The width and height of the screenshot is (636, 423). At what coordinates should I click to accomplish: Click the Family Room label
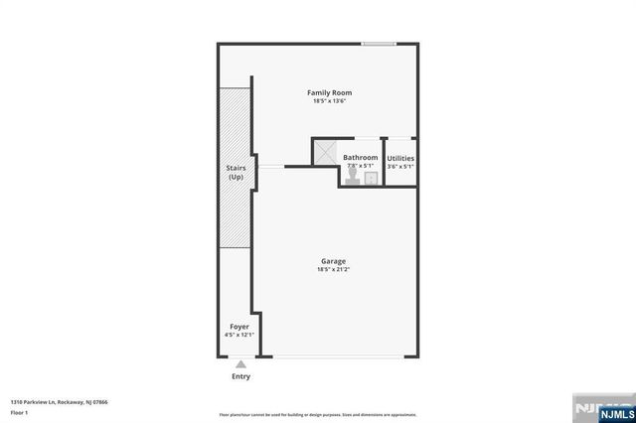(x=329, y=92)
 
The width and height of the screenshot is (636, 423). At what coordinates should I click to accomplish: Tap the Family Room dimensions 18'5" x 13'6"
(x=329, y=101)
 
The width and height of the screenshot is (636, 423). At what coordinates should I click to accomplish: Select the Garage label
(x=333, y=261)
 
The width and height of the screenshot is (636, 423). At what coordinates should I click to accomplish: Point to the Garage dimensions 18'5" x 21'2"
(x=333, y=269)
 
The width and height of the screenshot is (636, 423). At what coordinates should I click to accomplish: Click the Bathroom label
(x=360, y=158)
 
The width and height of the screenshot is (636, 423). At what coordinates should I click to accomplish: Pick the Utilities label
(x=400, y=159)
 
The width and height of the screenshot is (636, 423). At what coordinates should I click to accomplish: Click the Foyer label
(x=239, y=326)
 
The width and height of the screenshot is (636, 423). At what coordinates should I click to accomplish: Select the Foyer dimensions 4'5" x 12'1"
(x=239, y=335)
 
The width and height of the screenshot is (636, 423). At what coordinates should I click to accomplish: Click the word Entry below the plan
(x=240, y=376)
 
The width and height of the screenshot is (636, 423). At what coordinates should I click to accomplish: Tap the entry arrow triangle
(x=240, y=364)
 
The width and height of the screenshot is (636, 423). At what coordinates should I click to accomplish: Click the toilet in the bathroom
(x=353, y=174)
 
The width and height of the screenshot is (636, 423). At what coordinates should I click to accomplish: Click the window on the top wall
(x=379, y=43)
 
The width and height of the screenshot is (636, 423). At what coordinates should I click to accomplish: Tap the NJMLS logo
(x=600, y=407)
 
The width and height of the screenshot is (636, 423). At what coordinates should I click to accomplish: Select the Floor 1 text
(x=20, y=411)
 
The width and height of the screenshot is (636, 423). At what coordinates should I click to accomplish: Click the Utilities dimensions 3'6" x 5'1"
(x=400, y=167)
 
